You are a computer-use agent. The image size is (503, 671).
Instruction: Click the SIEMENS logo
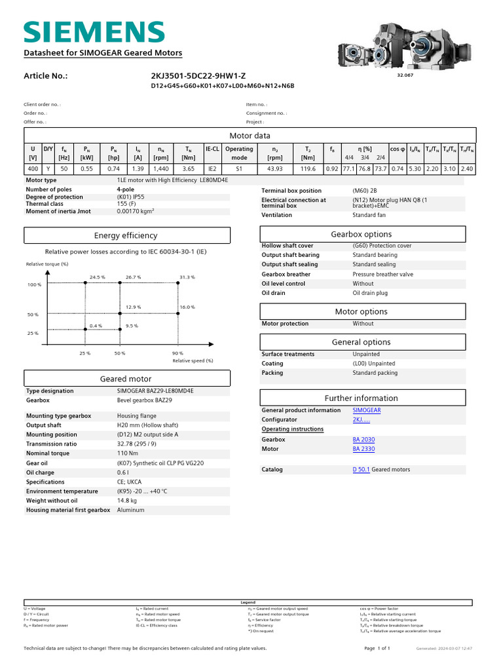[x=94, y=32]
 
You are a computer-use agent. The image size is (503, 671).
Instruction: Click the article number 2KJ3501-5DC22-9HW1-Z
[x=198, y=75]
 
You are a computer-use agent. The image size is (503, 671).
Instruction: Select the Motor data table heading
[x=250, y=136]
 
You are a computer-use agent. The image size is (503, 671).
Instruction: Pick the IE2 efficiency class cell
[x=212, y=168]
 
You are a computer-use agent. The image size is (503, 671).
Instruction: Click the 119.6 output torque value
[x=308, y=168]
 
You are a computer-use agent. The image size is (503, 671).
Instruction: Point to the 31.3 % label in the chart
[x=187, y=277]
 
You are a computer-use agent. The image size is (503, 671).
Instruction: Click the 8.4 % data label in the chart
[x=96, y=326]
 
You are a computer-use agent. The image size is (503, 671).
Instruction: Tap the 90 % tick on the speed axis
[x=177, y=353]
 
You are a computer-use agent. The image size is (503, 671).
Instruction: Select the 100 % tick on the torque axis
[x=34, y=285]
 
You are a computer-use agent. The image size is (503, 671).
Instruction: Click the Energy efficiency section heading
[x=126, y=236]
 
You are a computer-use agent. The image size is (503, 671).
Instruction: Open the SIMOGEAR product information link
[x=366, y=410]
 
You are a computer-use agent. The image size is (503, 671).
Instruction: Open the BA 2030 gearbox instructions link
[x=363, y=440]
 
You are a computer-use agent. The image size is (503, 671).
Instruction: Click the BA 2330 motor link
[x=363, y=449]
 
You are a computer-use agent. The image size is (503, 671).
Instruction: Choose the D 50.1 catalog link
[x=361, y=469]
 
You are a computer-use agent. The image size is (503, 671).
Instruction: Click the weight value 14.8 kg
[x=128, y=501]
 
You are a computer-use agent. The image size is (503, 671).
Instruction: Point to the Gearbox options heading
[x=362, y=234]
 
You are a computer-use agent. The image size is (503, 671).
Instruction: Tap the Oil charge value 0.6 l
[x=122, y=472]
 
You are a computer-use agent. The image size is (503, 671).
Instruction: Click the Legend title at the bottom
[x=248, y=602]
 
